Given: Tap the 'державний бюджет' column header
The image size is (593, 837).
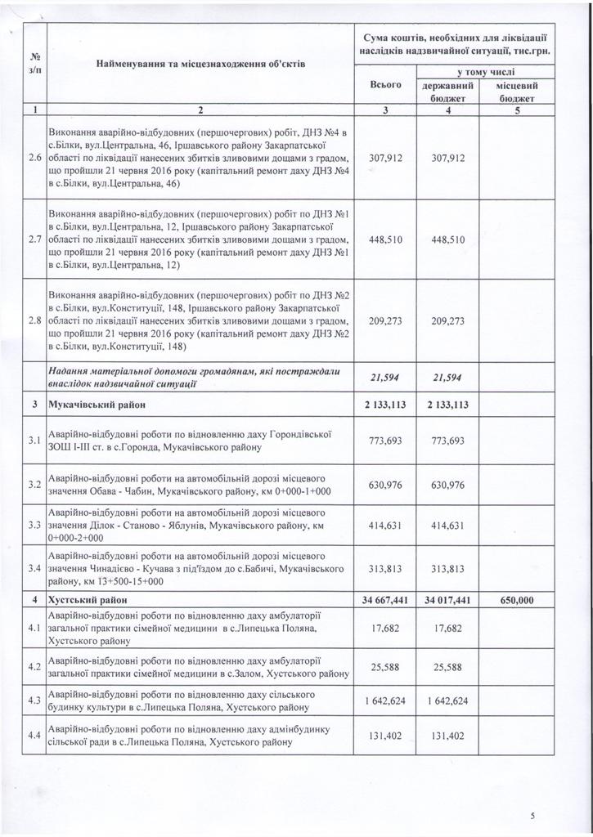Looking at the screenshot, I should [x=447, y=91].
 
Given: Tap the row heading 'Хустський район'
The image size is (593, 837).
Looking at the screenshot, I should [x=81, y=600].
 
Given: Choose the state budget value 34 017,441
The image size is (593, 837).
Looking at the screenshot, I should [x=447, y=600].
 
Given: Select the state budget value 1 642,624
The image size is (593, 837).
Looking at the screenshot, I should [x=447, y=700].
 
